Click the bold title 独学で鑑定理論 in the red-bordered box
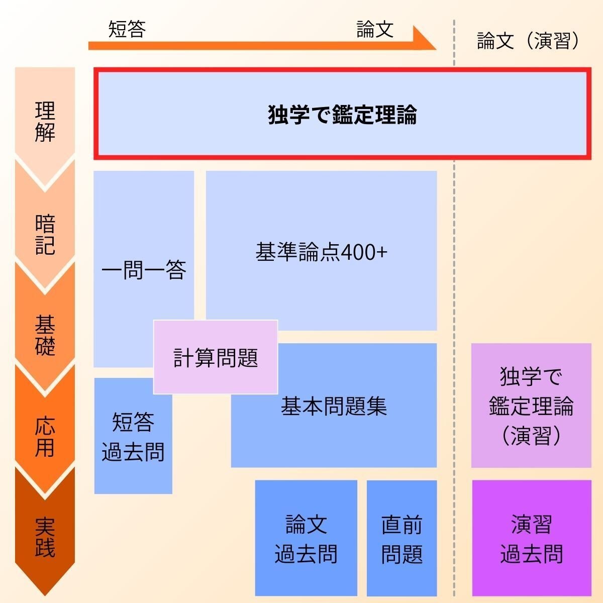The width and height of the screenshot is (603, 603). pyautogui.click(x=342, y=115)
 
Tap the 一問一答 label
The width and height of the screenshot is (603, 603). pyautogui.click(x=144, y=270)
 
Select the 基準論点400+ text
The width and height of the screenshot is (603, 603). pyautogui.click(x=321, y=252)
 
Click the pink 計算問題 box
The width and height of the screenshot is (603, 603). pyautogui.click(x=216, y=358)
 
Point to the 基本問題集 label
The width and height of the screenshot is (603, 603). pyautogui.click(x=334, y=406)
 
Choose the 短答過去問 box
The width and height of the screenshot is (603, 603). pyautogui.click(x=133, y=437)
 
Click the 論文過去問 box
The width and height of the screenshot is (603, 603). pyautogui.click(x=306, y=539)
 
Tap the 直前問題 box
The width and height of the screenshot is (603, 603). pyautogui.click(x=401, y=539)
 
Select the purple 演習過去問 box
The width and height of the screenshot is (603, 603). pyautogui.click(x=531, y=539)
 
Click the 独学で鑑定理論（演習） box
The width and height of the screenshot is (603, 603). pyautogui.click(x=531, y=406)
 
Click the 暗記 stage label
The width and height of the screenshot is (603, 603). pyautogui.click(x=45, y=235)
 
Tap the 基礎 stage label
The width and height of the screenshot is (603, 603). pyautogui.click(x=45, y=335)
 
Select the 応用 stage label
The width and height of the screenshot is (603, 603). pyautogui.click(x=45, y=437)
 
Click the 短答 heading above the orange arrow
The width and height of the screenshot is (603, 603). pyautogui.click(x=127, y=30)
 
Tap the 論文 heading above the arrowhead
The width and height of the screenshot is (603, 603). pyautogui.click(x=375, y=30)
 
